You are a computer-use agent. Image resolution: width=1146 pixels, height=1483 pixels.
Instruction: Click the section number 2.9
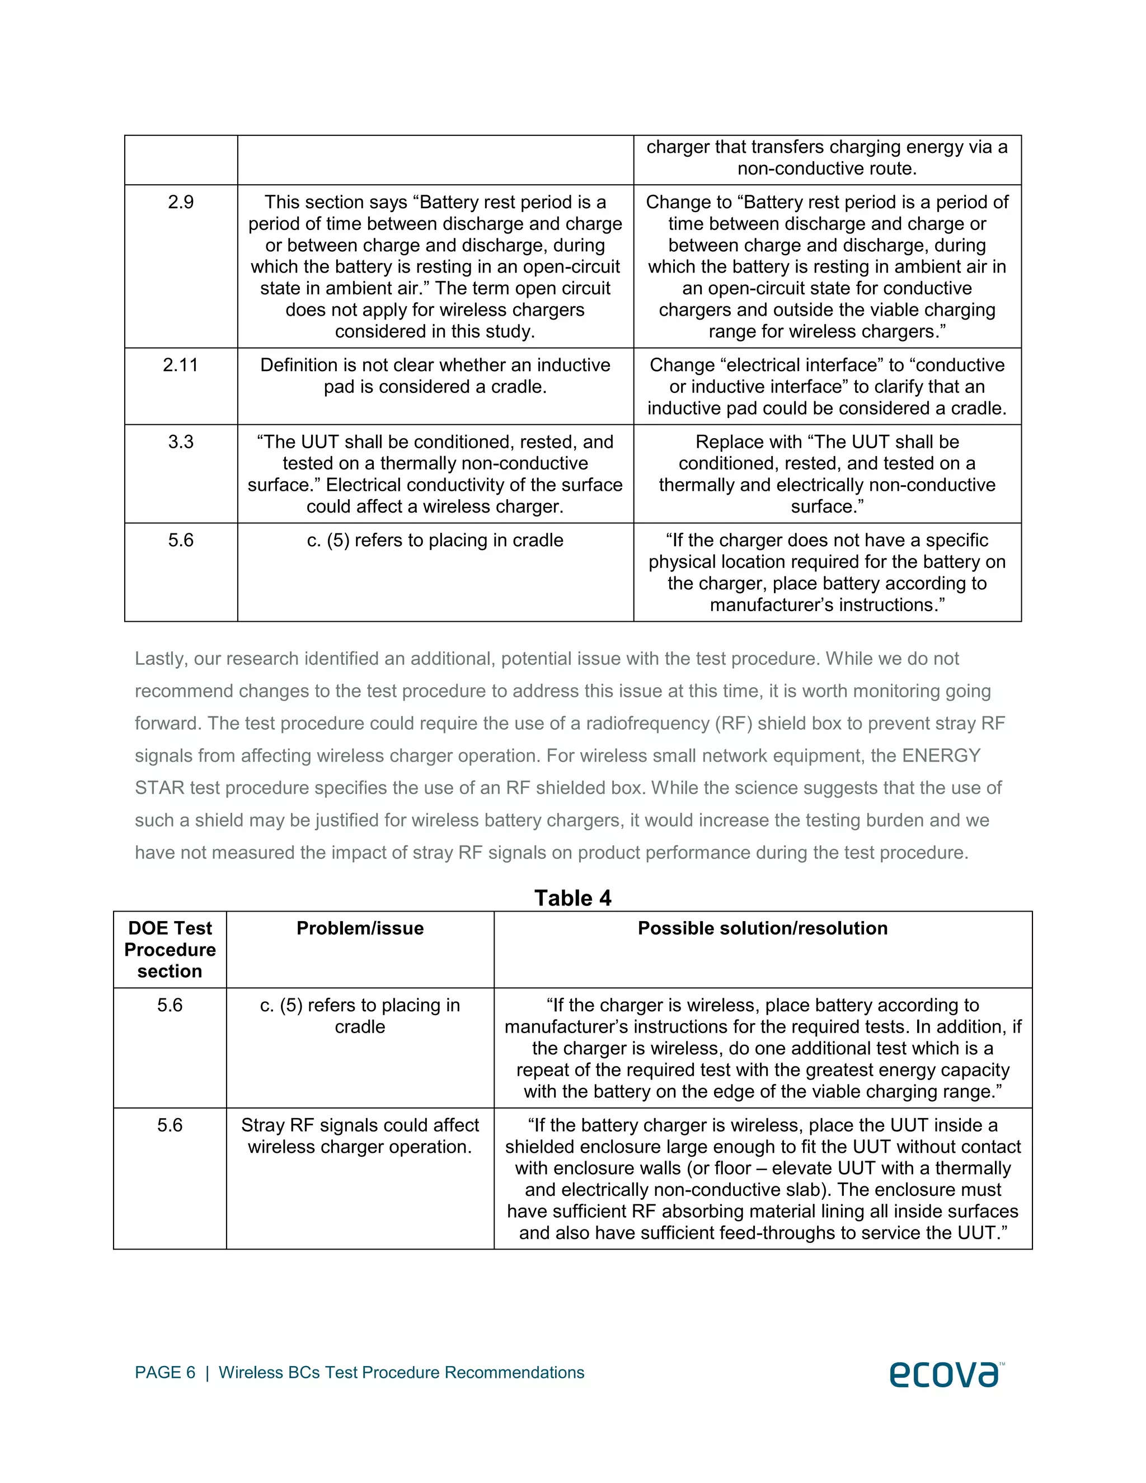181,203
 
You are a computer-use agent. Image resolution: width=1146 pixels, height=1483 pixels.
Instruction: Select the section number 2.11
181,365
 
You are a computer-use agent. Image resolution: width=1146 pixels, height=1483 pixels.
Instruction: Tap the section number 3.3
181,442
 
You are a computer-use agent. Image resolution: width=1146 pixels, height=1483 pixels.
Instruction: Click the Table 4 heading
572,898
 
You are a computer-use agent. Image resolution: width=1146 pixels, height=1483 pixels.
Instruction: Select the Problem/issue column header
360,928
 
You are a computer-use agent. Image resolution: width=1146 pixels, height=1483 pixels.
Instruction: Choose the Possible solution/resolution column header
763,928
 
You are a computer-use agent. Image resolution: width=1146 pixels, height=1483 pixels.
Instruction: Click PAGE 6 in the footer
165,1372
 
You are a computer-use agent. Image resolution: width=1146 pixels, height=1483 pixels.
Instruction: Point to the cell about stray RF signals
360,1136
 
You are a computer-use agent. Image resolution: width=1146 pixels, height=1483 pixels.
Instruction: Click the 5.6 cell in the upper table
181,541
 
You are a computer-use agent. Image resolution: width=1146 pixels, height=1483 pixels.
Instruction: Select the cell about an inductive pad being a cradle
435,376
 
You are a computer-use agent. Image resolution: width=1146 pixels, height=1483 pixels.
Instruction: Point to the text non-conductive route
827,168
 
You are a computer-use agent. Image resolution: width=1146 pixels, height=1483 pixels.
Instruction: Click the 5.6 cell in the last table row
170,1125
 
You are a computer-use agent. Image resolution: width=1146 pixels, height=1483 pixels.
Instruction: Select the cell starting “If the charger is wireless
763,1048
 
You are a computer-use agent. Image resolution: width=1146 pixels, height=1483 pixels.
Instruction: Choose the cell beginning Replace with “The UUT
827,474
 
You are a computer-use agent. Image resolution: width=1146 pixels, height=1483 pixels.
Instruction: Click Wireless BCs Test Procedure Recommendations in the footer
401,1372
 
